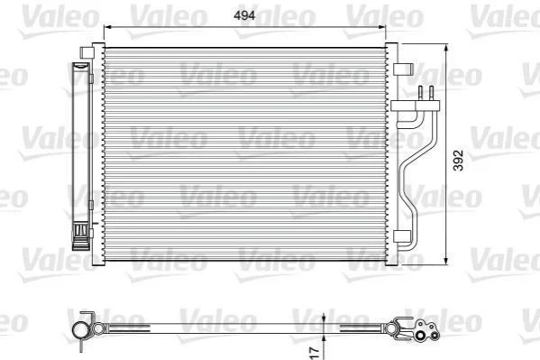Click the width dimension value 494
[244, 15]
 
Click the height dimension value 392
[458, 160]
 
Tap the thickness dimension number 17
[314, 353]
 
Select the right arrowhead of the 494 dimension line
[381, 27]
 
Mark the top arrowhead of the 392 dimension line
[446, 49]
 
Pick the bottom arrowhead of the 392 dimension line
[446, 261]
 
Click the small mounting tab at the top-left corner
[87, 52]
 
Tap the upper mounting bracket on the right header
[403, 69]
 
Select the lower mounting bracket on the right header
[402, 236]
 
